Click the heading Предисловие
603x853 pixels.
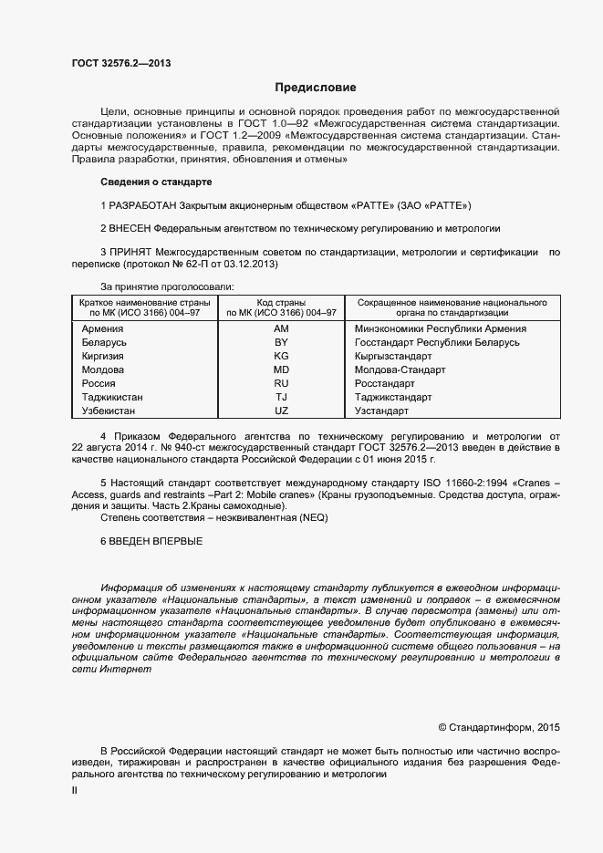316,88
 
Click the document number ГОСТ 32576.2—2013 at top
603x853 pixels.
121,63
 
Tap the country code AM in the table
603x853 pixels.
281,328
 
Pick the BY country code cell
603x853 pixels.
281,342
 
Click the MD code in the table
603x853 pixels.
281,370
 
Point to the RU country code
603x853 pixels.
281,384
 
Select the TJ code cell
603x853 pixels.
281,398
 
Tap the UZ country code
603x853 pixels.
281,411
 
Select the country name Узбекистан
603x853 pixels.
108,411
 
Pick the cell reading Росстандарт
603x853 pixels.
387,384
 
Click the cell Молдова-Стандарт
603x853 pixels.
400,370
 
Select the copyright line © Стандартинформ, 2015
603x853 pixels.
499,727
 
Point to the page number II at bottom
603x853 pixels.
75,791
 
